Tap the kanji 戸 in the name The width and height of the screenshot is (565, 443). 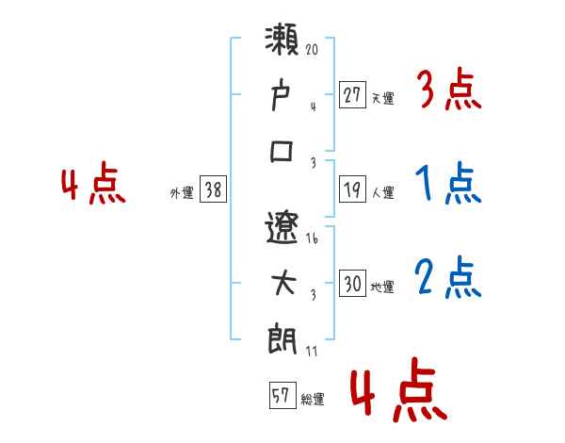[283, 95]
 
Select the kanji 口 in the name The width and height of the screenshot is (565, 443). [283, 151]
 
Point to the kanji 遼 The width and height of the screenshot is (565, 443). [283, 226]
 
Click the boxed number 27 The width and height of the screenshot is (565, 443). [352, 93]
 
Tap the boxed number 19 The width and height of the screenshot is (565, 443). [352, 189]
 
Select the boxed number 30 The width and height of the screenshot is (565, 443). [352, 284]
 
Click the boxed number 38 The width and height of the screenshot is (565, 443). [214, 189]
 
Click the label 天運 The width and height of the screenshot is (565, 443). [382, 97]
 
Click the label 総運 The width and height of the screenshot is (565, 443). [313, 400]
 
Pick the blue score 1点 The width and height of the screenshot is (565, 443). [447, 185]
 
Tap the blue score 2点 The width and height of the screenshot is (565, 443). [447, 279]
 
